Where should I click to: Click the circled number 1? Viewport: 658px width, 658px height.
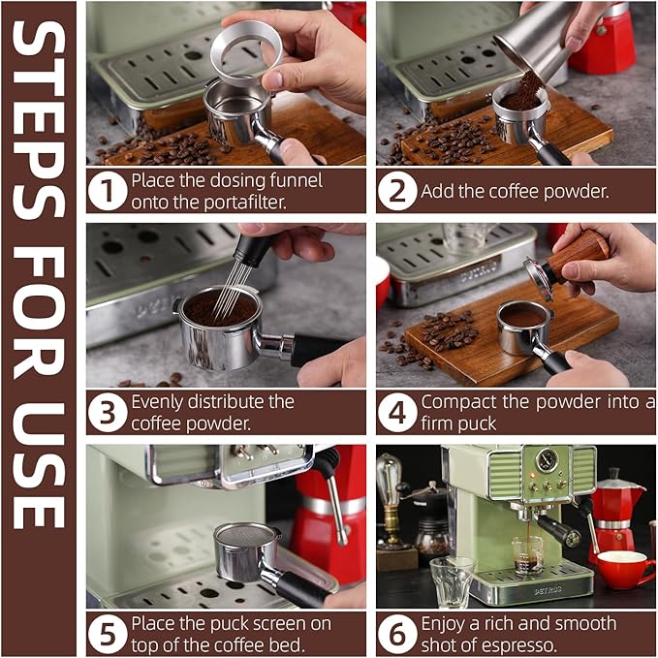108,191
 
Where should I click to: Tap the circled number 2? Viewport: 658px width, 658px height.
397,191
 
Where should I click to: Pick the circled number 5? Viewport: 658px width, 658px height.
108,634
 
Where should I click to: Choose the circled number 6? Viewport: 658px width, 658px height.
397,634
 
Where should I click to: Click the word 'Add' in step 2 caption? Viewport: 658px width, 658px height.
437,191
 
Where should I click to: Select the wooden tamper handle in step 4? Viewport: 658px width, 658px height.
580,254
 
